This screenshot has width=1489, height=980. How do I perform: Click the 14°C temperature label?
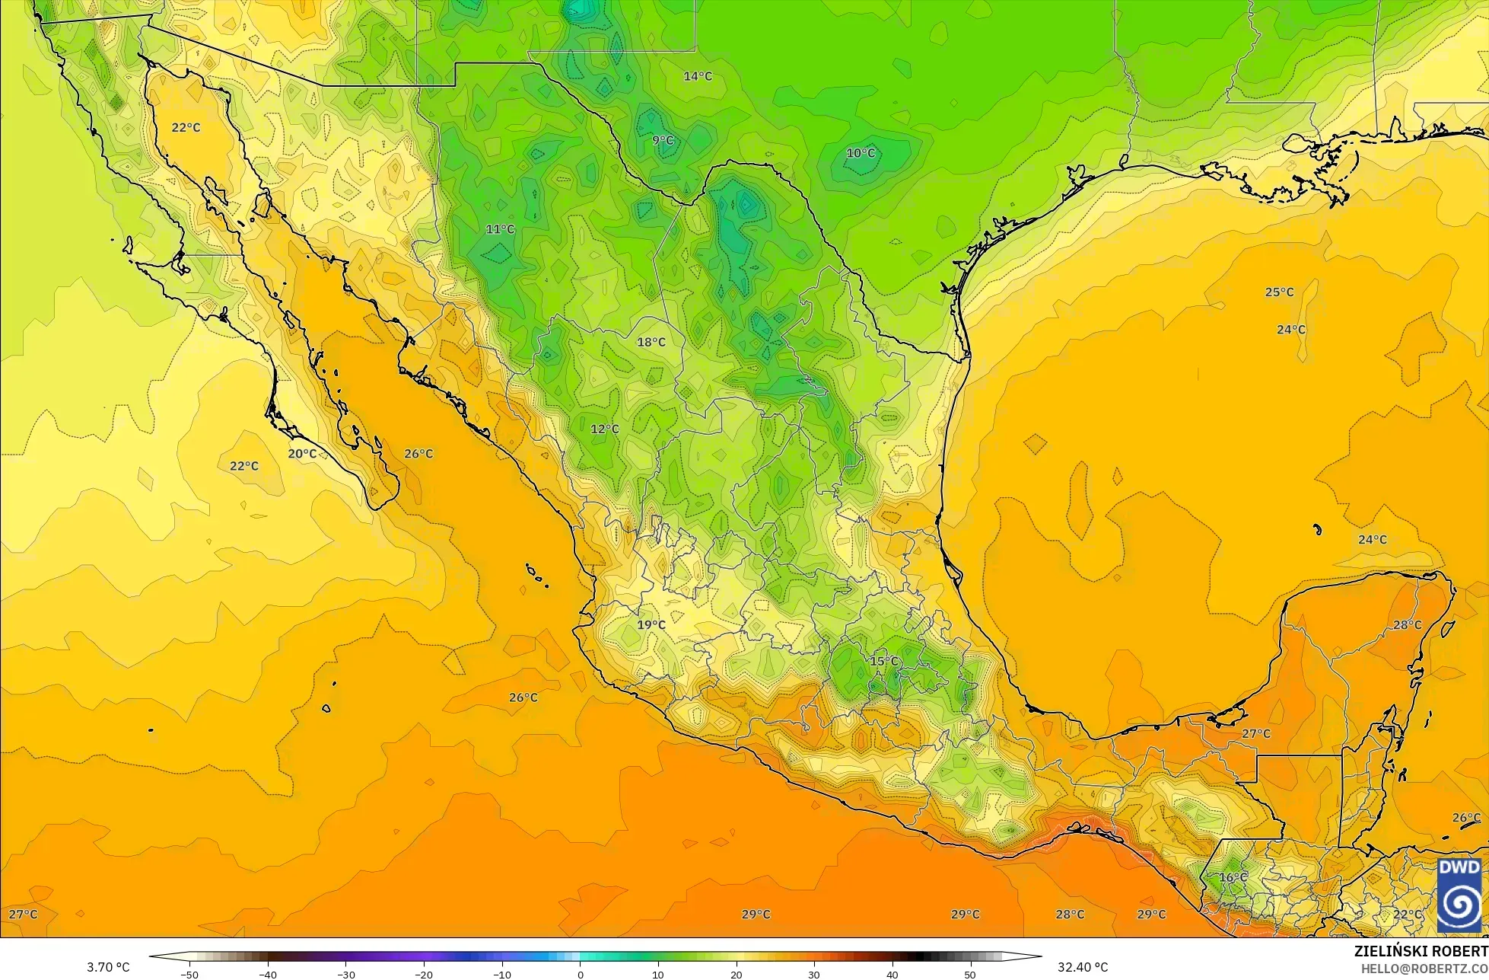point(698,76)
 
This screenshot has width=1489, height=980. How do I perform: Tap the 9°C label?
point(663,140)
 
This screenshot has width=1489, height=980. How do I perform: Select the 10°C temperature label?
point(861,153)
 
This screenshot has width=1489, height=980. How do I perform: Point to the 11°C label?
point(500,229)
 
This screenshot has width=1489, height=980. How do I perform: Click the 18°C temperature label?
point(651,343)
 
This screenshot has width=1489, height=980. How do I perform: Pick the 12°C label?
point(605,429)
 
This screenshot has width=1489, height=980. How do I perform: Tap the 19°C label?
point(651,625)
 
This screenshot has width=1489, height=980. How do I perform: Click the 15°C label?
point(884,661)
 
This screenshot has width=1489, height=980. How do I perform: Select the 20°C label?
point(302,454)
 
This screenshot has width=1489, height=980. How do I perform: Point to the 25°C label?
point(1279,292)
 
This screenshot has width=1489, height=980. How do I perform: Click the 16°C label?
point(1233,878)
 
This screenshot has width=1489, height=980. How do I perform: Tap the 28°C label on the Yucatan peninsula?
point(1407,625)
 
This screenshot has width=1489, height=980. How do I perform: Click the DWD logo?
point(1459,895)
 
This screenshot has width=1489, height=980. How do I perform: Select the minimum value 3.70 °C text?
point(108,967)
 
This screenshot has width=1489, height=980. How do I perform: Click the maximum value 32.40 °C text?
point(1083,967)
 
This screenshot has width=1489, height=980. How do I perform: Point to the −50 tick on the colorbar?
point(189,974)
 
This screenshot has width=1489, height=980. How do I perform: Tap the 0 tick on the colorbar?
point(580,974)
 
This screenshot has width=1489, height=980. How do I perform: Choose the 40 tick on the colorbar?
point(892,974)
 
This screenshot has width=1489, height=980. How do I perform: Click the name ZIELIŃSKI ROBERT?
point(1421,951)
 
